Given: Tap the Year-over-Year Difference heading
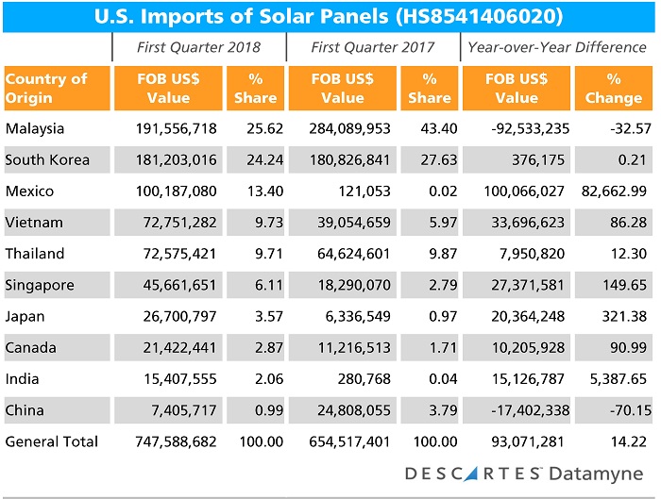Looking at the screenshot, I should [558, 46].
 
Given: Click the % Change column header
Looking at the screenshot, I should [614, 88].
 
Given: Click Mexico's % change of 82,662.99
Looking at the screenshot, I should [614, 191].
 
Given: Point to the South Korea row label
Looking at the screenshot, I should [47, 159].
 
